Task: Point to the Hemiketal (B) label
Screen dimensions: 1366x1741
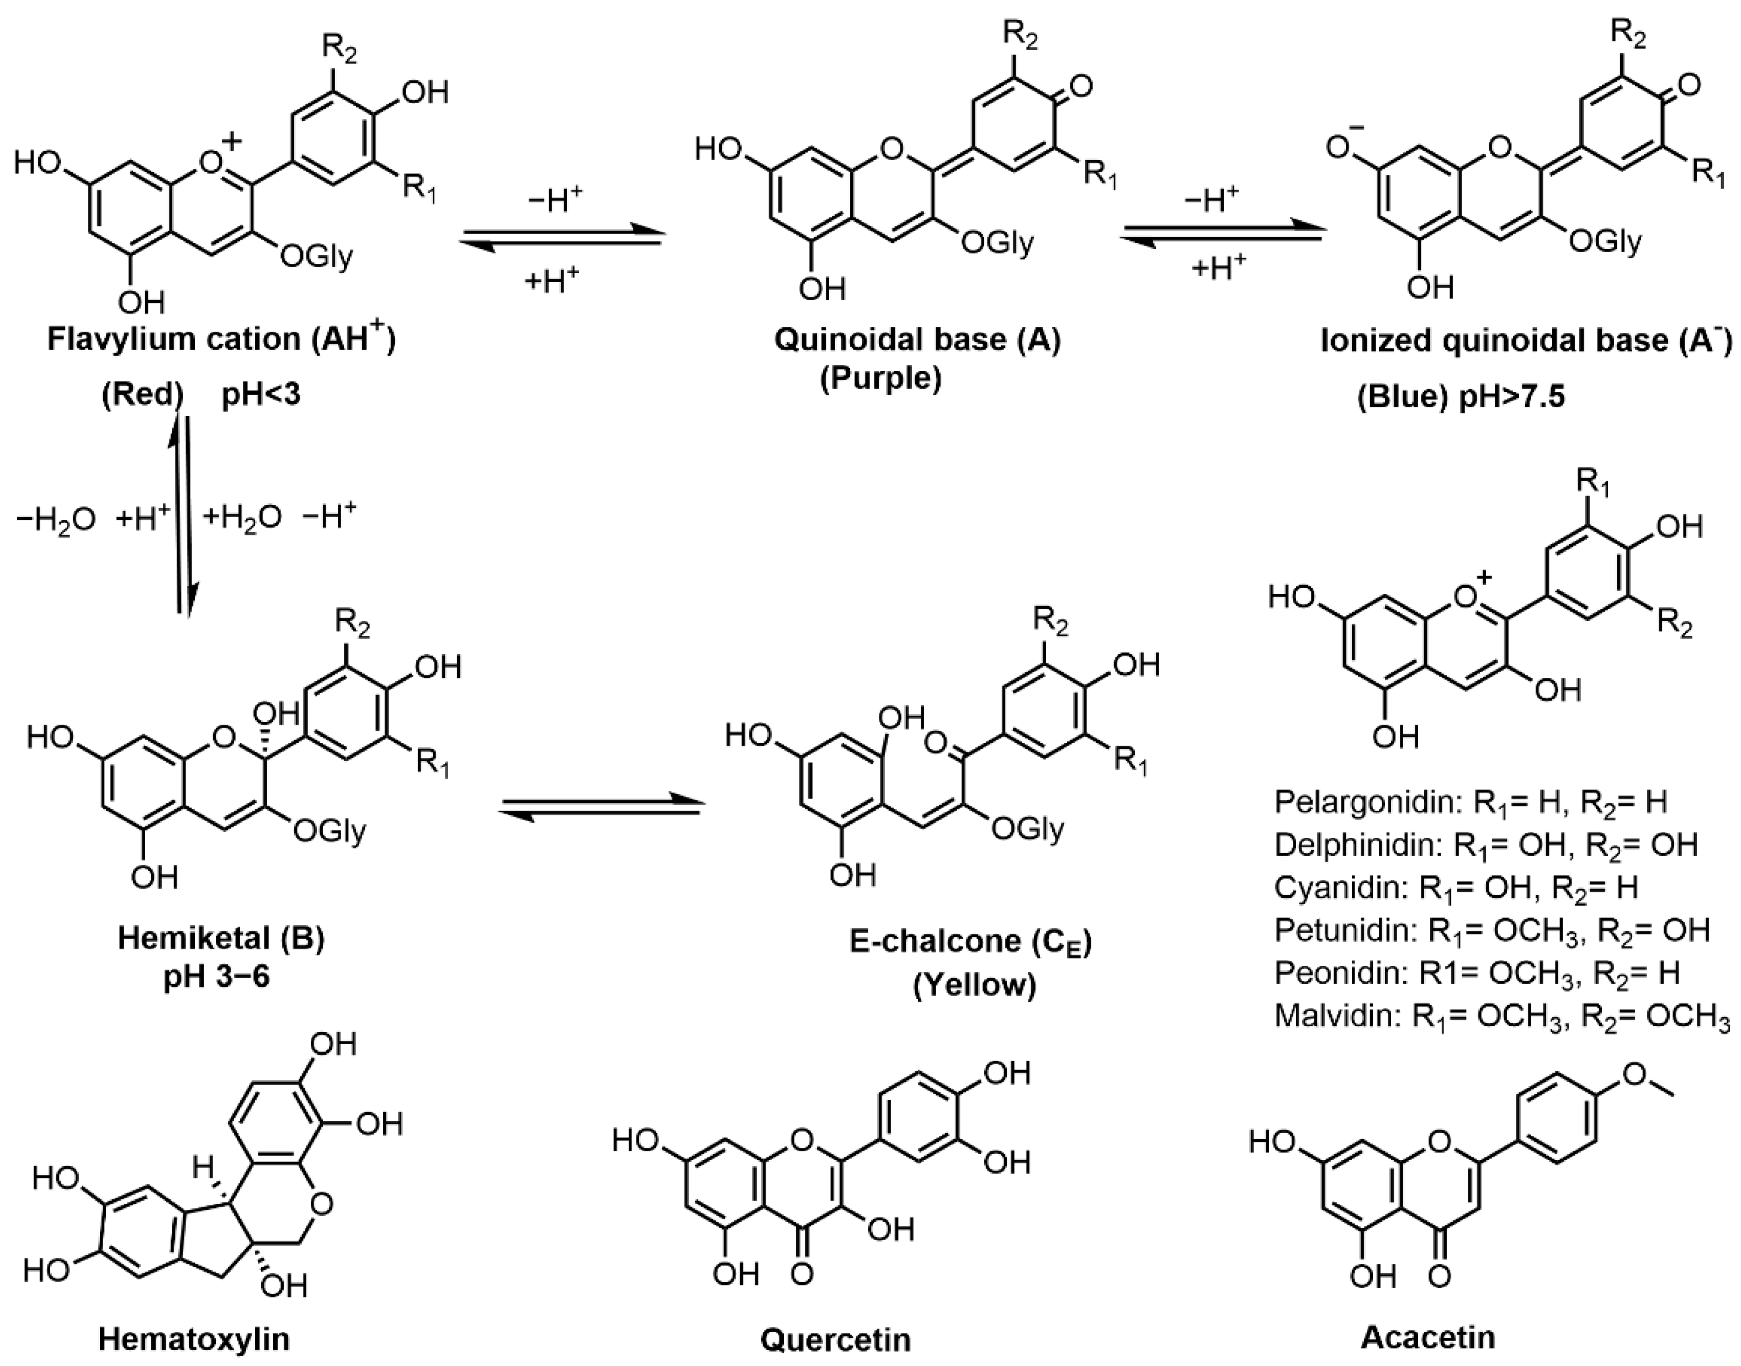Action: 221,938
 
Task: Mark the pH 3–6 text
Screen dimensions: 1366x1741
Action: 217,977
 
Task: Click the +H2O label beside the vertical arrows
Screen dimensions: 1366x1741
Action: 242,518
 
